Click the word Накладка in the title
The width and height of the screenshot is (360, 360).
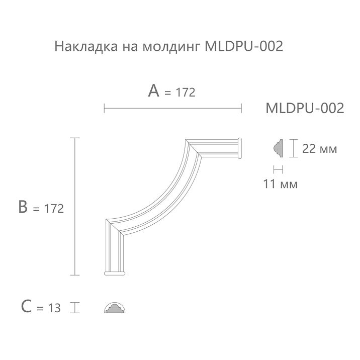click(x=78, y=47)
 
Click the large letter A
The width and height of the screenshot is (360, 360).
click(x=154, y=91)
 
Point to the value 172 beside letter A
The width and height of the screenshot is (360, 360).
click(x=186, y=93)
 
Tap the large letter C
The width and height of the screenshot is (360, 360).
click(x=27, y=306)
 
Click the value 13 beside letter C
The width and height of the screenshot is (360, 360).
click(x=54, y=308)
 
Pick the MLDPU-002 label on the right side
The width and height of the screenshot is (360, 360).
click(x=304, y=108)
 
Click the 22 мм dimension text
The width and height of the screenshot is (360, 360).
click(x=319, y=149)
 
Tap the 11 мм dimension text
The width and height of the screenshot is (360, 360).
click(x=280, y=184)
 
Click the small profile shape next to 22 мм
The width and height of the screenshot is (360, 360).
click(x=277, y=147)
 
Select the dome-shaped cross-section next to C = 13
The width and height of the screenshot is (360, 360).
click(x=116, y=308)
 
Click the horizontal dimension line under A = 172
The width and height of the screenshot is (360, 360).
click(x=173, y=108)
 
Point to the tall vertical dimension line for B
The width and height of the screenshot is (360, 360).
click(x=75, y=206)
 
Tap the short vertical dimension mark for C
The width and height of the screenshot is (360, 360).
click(x=75, y=307)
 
